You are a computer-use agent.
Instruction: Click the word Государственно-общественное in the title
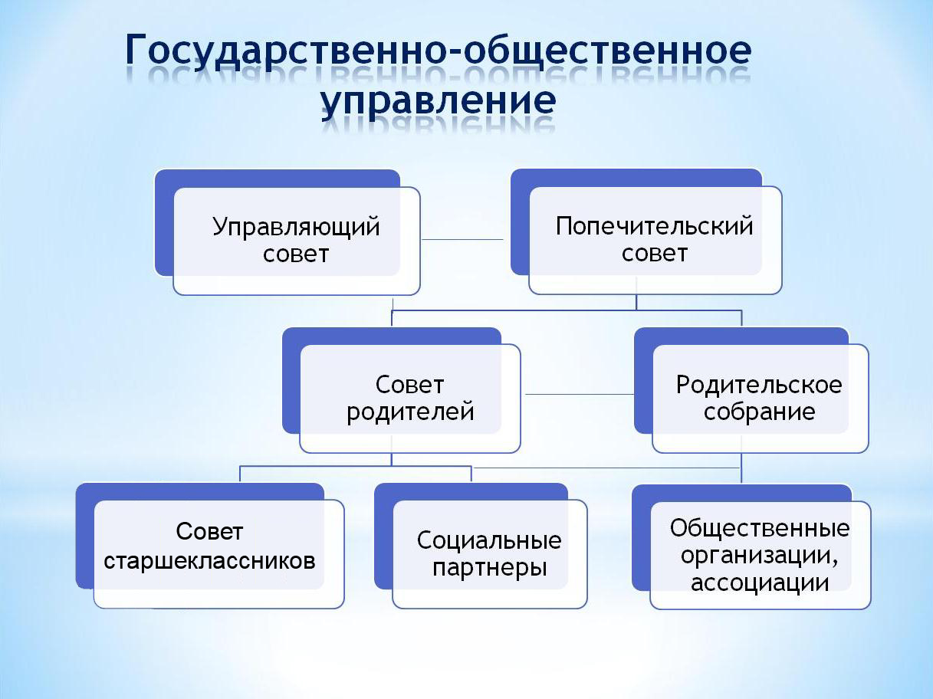[438, 52]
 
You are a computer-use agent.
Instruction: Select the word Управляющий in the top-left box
[296, 227]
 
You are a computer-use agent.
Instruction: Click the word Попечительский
[655, 227]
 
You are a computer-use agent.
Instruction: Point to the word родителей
[410, 412]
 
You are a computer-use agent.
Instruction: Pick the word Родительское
[759, 385]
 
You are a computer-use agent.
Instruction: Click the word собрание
[759, 412]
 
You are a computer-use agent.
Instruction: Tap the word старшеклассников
[209, 560]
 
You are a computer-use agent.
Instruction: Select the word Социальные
[489, 540]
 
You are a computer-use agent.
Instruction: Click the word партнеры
[489, 569]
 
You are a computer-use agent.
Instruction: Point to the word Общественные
[760, 528]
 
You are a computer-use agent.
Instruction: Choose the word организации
[760, 555]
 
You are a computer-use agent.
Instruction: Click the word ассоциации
[760, 582]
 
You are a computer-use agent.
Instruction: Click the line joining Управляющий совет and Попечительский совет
[462, 239]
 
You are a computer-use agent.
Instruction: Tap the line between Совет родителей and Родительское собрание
[579, 394]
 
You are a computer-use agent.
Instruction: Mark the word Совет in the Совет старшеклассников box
[209, 532]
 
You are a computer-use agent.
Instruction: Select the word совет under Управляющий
[296, 254]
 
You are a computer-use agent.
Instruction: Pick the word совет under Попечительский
[655, 254]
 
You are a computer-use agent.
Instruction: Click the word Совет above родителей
[410, 385]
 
